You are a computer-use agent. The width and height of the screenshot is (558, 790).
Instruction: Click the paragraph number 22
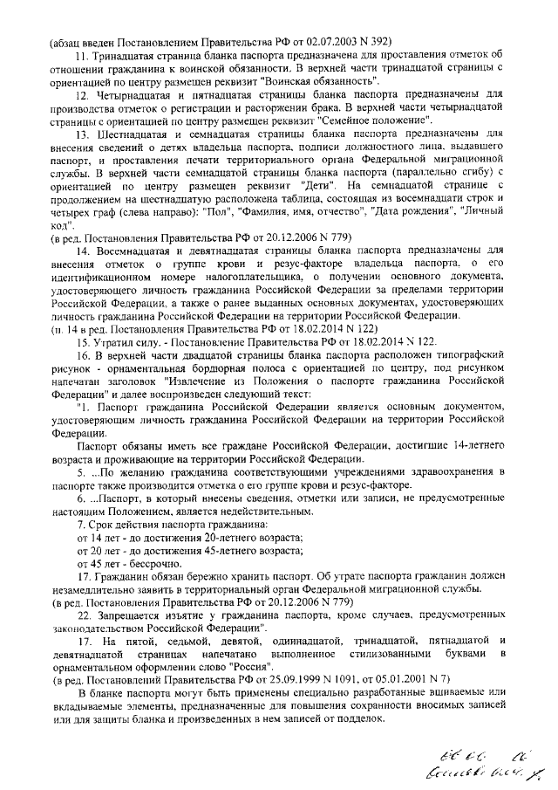(x=84, y=615)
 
